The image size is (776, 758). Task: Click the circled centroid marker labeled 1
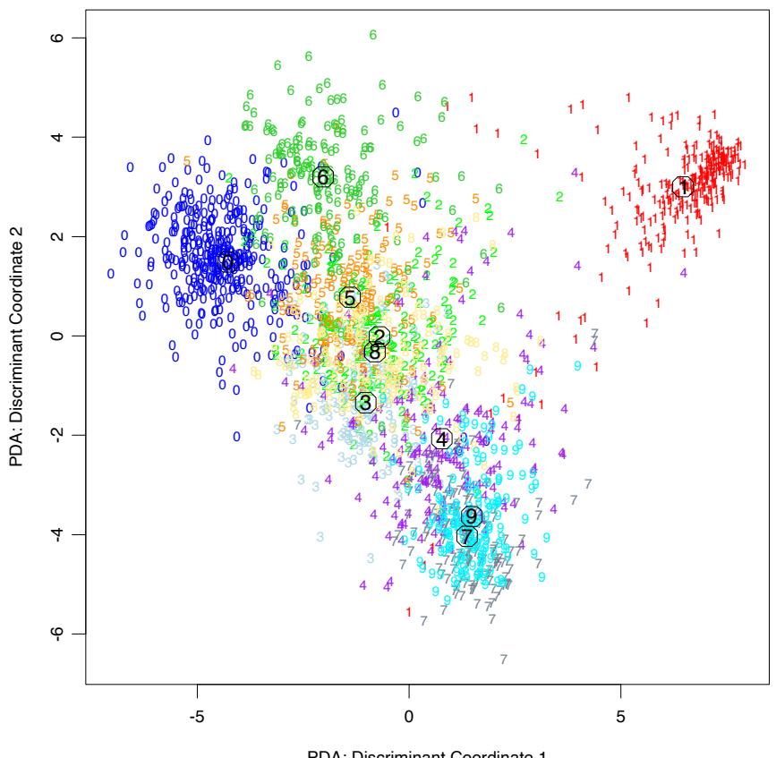pos(683,188)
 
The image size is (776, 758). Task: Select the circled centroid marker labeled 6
pos(323,177)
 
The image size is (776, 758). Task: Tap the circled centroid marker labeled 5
pos(349,297)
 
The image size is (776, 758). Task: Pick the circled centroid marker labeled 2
pos(379,336)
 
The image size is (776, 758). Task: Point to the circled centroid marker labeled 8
pos(374,353)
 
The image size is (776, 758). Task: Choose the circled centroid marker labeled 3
pos(364,403)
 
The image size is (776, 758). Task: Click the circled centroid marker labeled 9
pos(472,516)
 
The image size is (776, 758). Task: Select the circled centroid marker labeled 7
pos(465,536)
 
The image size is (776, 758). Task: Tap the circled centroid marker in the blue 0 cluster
pos(227,262)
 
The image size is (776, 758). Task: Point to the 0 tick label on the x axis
pos(409,717)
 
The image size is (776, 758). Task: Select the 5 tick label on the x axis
pos(621,717)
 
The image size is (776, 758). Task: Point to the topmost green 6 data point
pos(373,35)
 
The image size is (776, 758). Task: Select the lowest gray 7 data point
pos(504,660)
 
